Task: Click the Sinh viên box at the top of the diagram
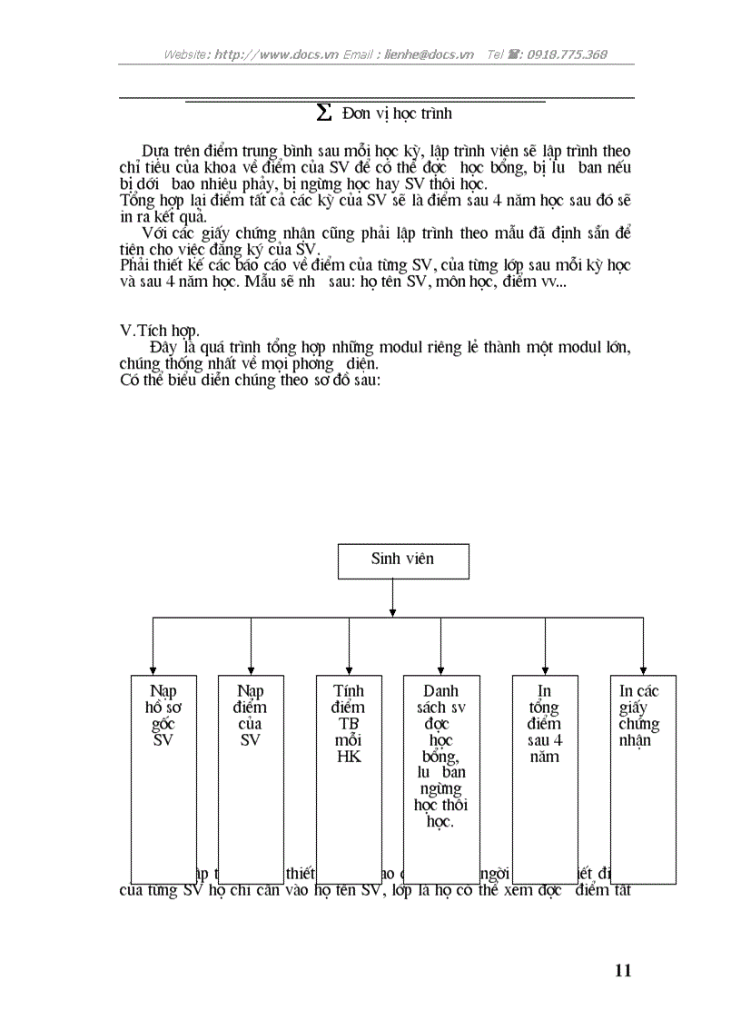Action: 403,560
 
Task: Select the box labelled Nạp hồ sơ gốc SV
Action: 163,778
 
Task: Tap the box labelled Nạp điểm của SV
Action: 251,778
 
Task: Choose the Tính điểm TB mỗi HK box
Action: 349,778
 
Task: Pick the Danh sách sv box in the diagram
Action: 441,778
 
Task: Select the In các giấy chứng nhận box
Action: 642,778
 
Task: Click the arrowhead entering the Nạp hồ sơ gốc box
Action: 153,670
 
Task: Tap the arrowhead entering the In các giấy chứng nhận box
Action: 643,670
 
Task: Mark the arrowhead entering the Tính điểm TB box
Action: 349,670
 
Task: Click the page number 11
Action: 622,970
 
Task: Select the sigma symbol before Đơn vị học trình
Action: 322,113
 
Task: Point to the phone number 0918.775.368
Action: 561,54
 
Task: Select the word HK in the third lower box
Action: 349,757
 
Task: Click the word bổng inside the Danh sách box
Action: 440,757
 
